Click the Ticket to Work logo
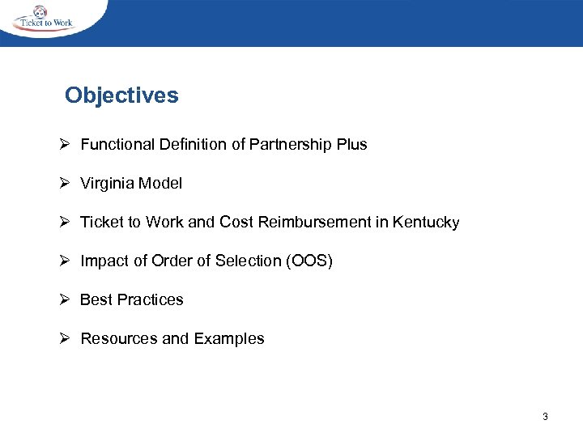tap(45, 19)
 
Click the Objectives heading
tap(121, 95)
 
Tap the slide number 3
tap(545, 417)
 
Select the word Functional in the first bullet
tap(115, 145)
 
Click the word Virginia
tap(107, 184)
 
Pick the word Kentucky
tap(426, 223)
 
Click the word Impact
tap(102, 261)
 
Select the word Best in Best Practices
tap(96, 300)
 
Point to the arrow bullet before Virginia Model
tap(68, 184)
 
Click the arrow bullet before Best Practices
tap(68, 300)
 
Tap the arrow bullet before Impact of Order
tap(68, 261)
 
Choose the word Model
tap(160, 184)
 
